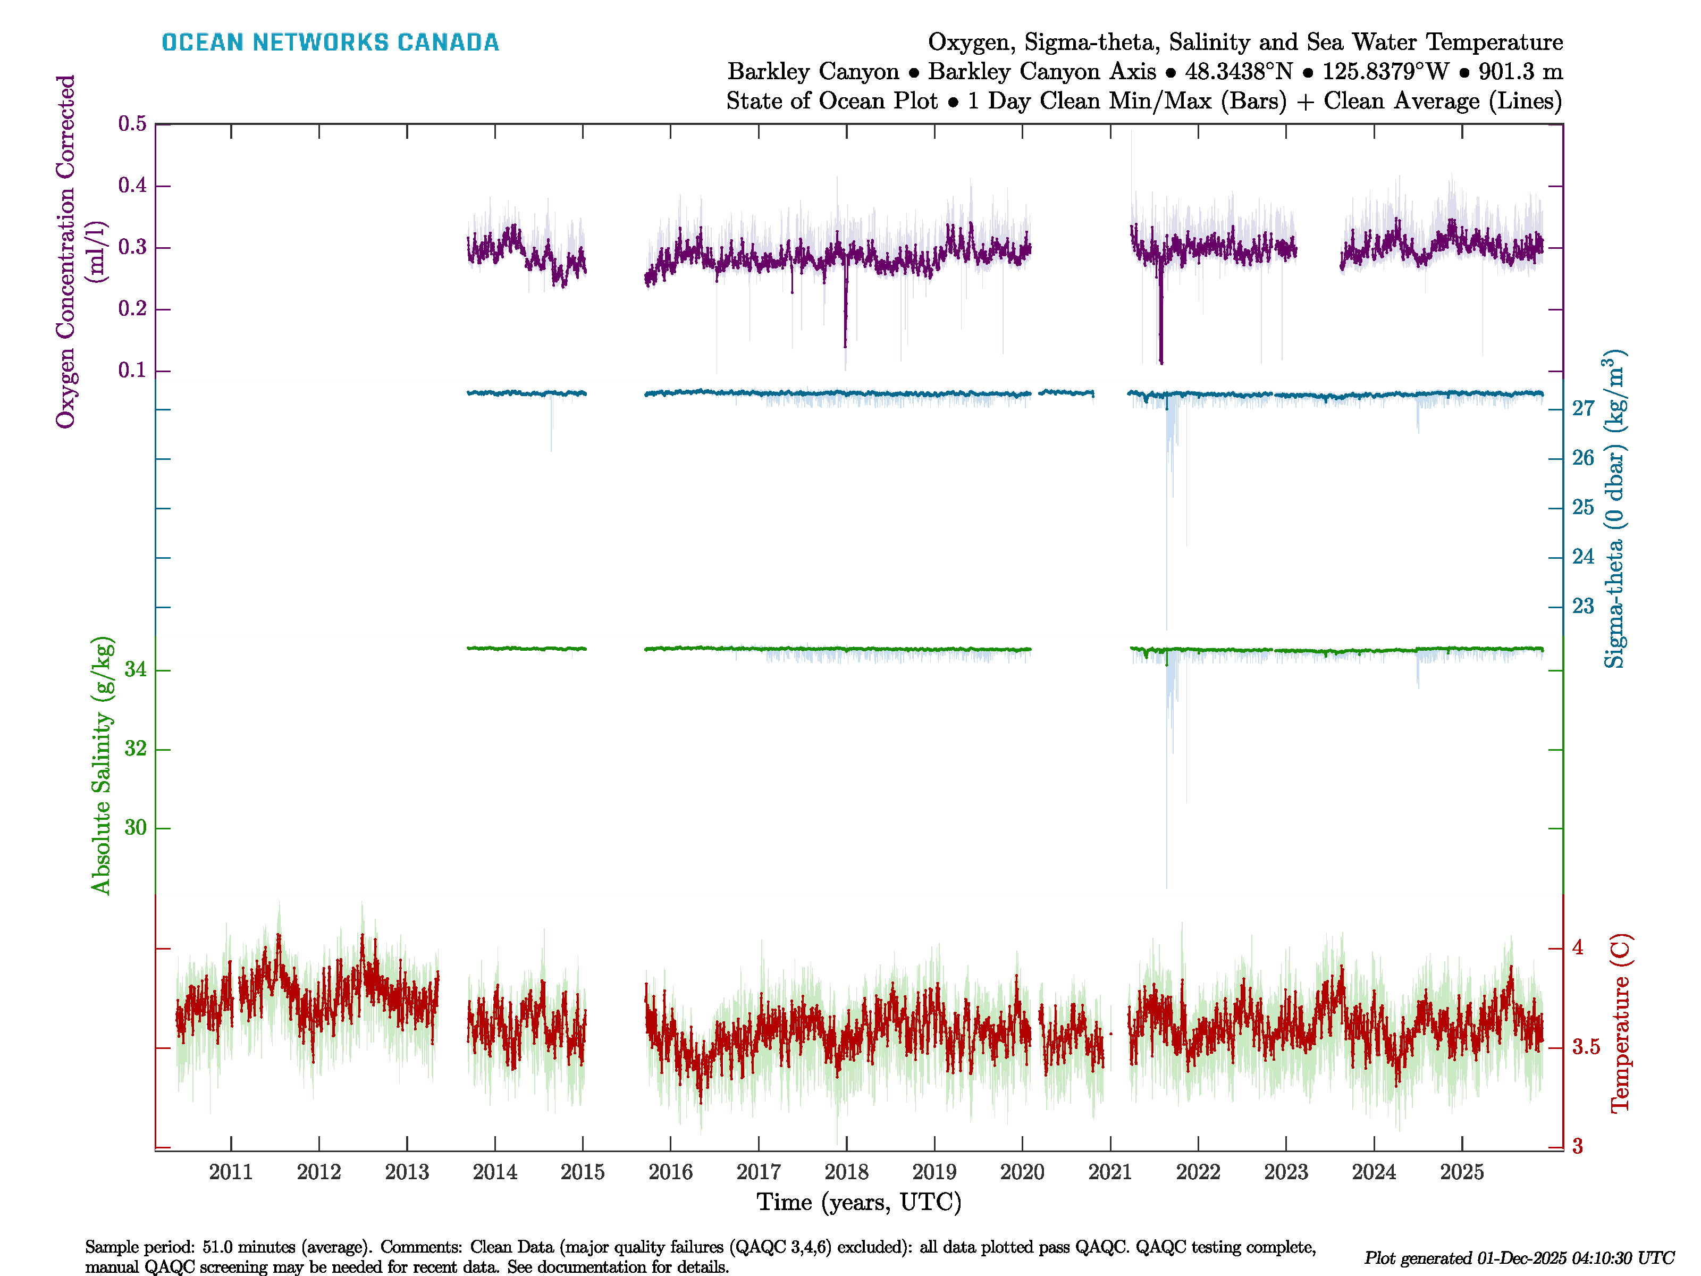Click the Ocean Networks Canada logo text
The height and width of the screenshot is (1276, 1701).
pyautogui.click(x=330, y=43)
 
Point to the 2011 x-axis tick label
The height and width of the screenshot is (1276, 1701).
pyautogui.click(x=231, y=1172)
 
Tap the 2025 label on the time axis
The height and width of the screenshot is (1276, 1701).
pyautogui.click(x=1461, y=1172)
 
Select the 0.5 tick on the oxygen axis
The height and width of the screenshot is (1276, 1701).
pyautogui.click(x=132, y=124)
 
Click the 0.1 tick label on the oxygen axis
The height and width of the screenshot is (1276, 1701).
pyautogui.click(x=132, y=371)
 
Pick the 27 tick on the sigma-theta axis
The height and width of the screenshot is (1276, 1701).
pyautogui.click(x=1582, y=408)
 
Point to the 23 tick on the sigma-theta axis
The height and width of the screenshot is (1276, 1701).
pyautogui.click(x=1582, y=607)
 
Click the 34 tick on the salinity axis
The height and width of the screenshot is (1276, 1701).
pyautogui.click(x=136, y=670)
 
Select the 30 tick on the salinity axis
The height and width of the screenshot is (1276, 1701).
pyautogui.click(x=136, y=828)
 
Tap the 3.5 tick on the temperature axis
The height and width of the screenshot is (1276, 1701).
pyautogui.click(x=1586, y=1047)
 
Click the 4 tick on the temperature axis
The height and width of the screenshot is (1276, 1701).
pyautogui.click(x=1578, y=947)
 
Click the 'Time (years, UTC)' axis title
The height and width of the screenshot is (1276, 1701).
pyautogui.click(x=859, y=1202)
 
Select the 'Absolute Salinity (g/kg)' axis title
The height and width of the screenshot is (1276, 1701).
pyautogui.click(x=102, y=765)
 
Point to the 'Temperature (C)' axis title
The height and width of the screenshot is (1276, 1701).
pyautogui.click(x=1620, y=1023)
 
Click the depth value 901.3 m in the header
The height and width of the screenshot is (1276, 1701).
pyautogui.click(x=1520, y=72)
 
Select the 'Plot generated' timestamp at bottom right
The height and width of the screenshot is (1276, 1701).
pyautogui.click(x=1519, y=1258)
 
